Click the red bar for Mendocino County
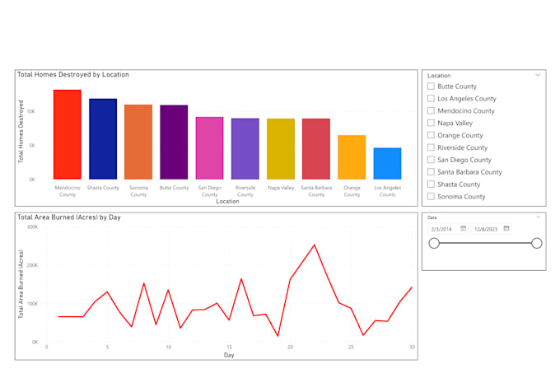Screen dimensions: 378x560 pyautogui.click(x=68, y=134)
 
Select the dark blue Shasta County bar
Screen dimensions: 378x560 pyautogui.click(x=103, y=138)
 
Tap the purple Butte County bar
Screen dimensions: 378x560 pyautogui.click(x=174, y=142)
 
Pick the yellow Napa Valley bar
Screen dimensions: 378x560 pyautogui.click(x=280, y=148)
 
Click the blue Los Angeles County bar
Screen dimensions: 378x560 pyautogui.click(x=387, y=163)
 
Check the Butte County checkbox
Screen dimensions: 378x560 pyautogui.click(x=431, y=86)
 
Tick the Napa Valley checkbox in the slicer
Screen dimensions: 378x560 pyautogui.click(x=431, y=123)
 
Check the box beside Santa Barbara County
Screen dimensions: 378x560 pyautogui.click(x=431, y=172)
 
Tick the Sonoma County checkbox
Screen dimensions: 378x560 pyautogui.click(x=431, y=197)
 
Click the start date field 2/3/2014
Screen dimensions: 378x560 pyautogui.click(x=444, y=228)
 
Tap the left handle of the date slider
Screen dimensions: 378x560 pyautogui.click(x=434, y=243)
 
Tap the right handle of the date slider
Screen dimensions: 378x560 pyautogui.click(x=537, y=243)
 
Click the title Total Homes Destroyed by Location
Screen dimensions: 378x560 pyautogui.click(x=73, y=75)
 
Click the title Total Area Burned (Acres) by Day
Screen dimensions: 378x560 pyautogui.click(x=68, y=217)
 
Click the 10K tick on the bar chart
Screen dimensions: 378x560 pyautogui.click(x=30, y=110)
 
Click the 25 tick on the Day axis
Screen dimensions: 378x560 pyautogui.click(x=351, y=348)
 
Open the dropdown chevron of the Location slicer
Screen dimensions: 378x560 pyautogui.click(x=538, y=75)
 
